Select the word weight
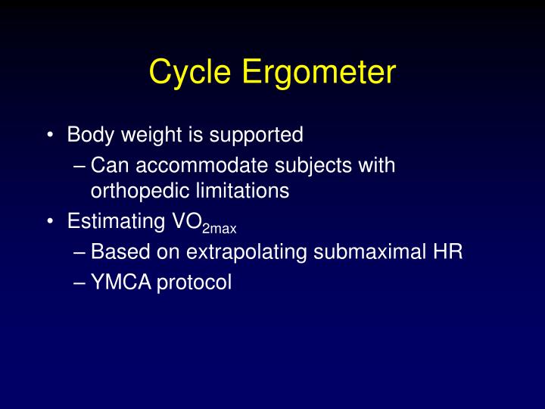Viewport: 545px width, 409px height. [143, 136]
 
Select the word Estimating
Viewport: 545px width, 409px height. [113, 223]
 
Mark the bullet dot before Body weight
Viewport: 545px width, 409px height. [50, 136]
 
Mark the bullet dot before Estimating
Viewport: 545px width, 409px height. [50, 223]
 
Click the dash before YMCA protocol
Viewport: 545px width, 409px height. [81, 283]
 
